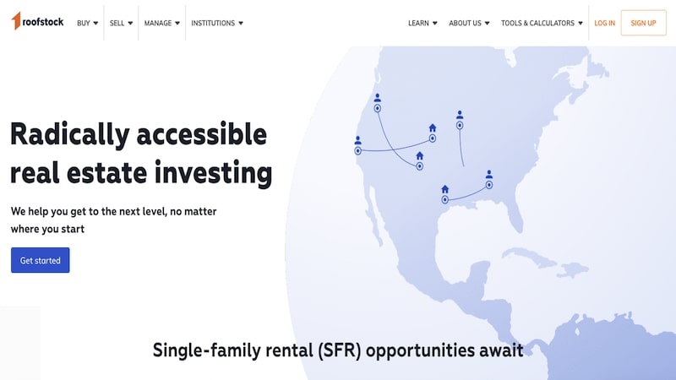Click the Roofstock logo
37,21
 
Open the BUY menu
88,24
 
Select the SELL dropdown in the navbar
121,24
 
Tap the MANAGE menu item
162,24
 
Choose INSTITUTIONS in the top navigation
217,24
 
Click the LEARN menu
422,24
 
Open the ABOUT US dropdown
469,24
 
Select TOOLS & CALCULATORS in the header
542,24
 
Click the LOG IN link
604,24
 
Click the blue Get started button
40,260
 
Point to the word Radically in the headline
70,134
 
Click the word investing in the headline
214,173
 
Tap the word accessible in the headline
202,134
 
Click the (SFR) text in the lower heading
340,350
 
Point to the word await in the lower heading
501,350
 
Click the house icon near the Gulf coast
445,189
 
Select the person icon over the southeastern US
489,174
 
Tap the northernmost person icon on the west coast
377,98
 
